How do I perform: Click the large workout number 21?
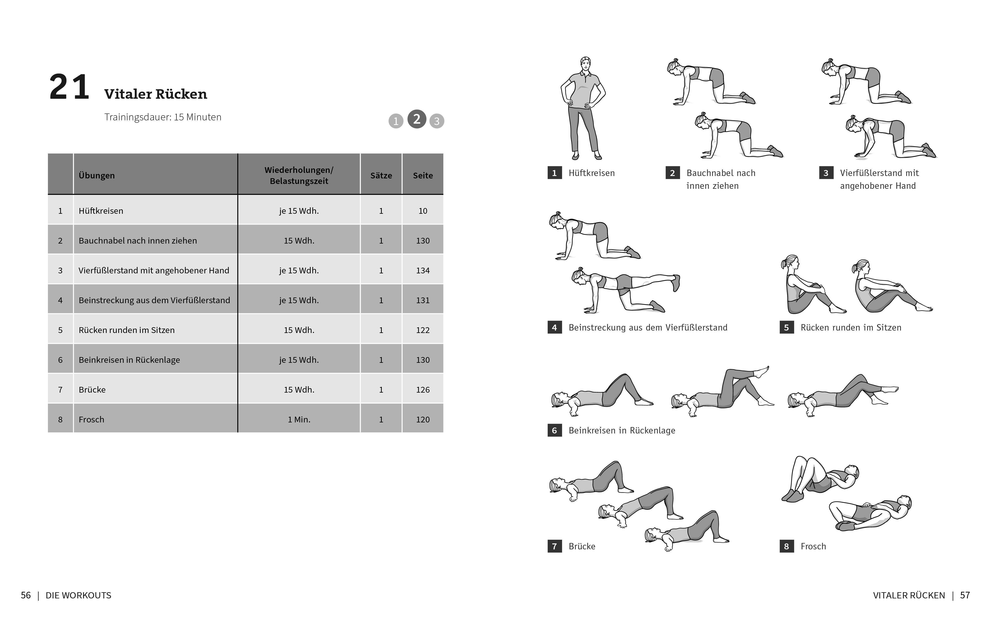[69, 87]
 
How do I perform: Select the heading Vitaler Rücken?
[156, 94]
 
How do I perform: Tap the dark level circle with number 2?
[416, 119]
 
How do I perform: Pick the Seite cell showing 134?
[423, 270]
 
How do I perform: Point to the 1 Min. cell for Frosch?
[299, 419]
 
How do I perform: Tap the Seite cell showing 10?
[423, 211]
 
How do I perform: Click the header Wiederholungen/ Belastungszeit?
[299, 175]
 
